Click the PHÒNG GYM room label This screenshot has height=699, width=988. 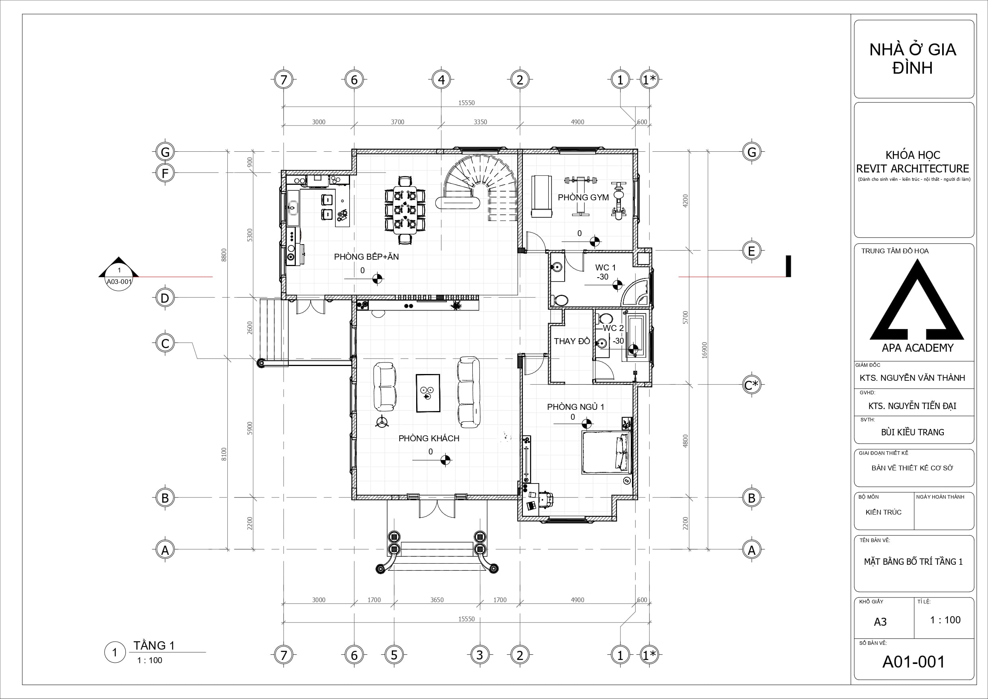click(x=583, y=198)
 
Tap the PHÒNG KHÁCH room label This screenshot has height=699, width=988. click(x=428, y=438)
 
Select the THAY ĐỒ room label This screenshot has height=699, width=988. click(x=572, y=341)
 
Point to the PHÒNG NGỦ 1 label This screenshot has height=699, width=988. click(x=575, y=407)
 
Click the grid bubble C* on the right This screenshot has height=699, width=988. click(x=751, y=385)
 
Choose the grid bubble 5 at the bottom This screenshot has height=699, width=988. click(x=394, y=655)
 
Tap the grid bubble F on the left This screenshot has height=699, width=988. click(x=165, y=173)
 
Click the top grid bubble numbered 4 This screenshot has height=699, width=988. click(x=441, y=80)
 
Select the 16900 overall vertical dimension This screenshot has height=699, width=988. click(x=704, y=350)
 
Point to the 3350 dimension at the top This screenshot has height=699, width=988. click(x=480, y=122)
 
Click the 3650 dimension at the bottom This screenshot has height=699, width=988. click(x=437, y=600)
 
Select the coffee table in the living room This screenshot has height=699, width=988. click(x=428, y=393)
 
